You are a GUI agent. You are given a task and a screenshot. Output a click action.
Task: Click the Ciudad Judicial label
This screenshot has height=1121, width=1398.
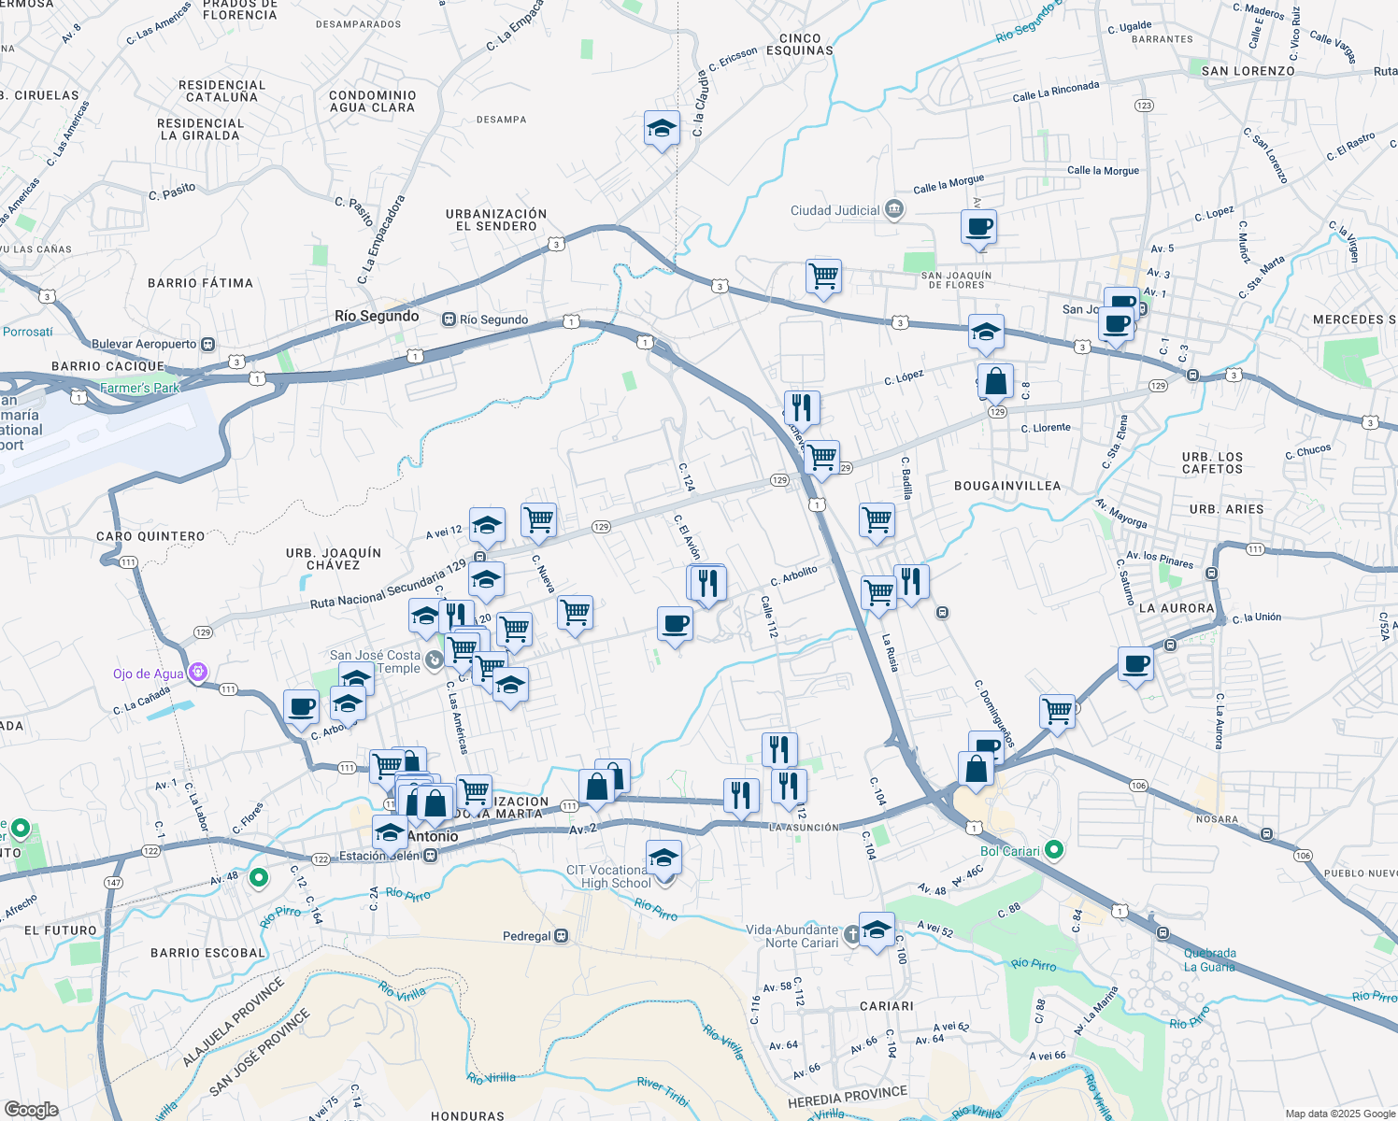[835, 210]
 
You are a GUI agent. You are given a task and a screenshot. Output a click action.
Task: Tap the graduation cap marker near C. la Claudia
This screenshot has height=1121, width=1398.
[662, 129]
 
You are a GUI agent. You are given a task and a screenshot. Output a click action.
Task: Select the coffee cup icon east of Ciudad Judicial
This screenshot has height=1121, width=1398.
[978, 227]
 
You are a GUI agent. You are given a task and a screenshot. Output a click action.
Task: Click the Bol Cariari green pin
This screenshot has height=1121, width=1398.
[1054, 850]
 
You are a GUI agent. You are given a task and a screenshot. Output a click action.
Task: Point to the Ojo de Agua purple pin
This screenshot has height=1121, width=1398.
[196, 672]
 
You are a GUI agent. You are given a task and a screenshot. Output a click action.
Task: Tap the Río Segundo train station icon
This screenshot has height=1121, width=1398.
[449, 319]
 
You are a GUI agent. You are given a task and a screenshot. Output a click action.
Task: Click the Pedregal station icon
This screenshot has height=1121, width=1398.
[562, 936]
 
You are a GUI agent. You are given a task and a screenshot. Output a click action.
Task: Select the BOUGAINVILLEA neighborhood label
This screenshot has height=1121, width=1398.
[1006, 486]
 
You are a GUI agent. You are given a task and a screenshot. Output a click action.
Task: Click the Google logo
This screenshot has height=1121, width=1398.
[31, 1109]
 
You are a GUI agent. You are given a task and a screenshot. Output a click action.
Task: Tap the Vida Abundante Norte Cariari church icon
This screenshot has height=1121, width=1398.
[851, 934]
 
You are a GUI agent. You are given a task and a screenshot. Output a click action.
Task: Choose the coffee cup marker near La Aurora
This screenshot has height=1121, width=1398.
[1135, 665]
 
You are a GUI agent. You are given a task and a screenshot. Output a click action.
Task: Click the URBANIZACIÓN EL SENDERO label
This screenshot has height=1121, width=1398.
[496, 220]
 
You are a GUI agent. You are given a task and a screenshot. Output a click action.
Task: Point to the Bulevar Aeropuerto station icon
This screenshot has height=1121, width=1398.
[207, 344]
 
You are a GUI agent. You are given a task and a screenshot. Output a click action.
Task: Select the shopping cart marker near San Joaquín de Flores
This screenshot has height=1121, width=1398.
[823, 277]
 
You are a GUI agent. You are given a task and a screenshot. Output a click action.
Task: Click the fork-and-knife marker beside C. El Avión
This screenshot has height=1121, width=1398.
[708, 583]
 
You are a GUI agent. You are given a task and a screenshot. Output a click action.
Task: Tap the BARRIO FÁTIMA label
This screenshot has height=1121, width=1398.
[200, 283]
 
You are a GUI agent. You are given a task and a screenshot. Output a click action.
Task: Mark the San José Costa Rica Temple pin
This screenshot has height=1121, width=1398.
[434, 660]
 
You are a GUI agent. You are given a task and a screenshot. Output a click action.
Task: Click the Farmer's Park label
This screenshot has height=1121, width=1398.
[139, 388]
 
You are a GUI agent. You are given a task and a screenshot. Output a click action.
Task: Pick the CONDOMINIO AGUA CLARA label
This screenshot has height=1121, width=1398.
[372, 101]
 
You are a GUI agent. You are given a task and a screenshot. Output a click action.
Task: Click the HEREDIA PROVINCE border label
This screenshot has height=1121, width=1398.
[847, 1098]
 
